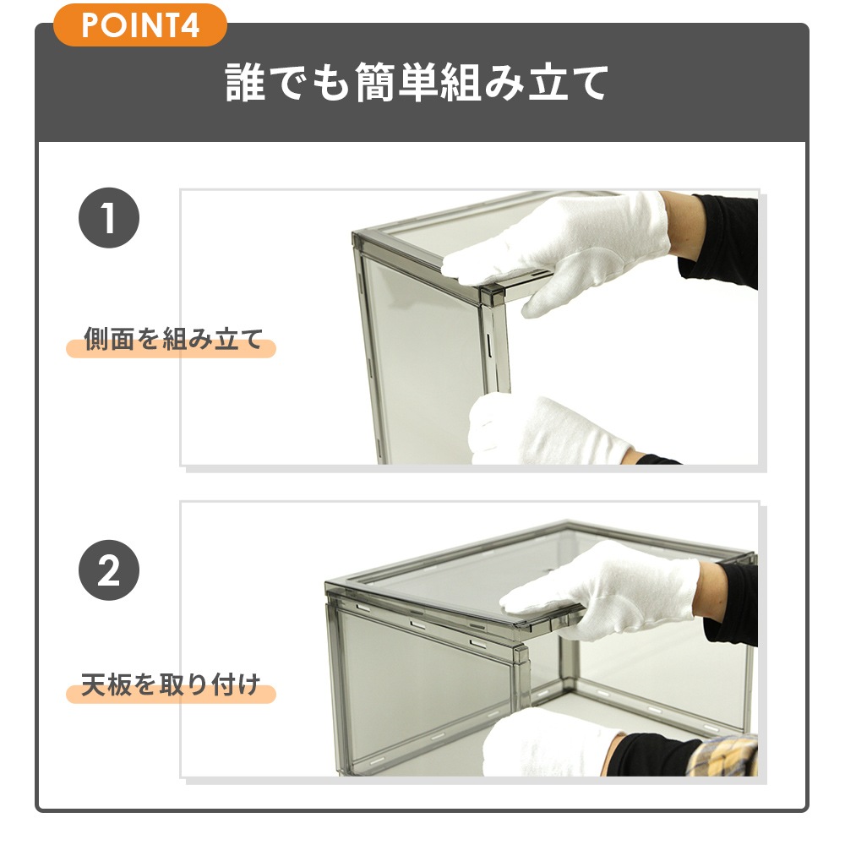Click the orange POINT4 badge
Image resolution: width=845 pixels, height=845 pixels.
click(x=140, y=25)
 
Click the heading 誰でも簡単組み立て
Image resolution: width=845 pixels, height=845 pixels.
click(x=417, y=82)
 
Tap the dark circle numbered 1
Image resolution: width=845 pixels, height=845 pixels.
click(x=109, y=218)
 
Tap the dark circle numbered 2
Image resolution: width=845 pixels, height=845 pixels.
click(x=109, y=570)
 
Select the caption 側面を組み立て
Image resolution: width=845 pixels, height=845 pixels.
click(x=173, y=339)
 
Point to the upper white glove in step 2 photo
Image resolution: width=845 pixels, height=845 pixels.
click(x=603, y=590)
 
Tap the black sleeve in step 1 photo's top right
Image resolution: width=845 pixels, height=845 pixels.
click(x=717, y=237)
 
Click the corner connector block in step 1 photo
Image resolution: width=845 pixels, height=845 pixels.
click(x=492, y=296)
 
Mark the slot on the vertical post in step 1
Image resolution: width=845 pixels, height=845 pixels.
click(x=488, y=345)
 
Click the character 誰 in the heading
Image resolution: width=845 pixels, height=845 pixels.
click(x=245, y=82)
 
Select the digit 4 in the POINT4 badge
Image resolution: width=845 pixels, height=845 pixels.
click(x=189, y=25)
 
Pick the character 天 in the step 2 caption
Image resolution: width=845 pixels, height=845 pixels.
click(x=93, y=685)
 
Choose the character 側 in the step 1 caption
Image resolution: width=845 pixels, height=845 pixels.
click(x=96, y=340)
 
